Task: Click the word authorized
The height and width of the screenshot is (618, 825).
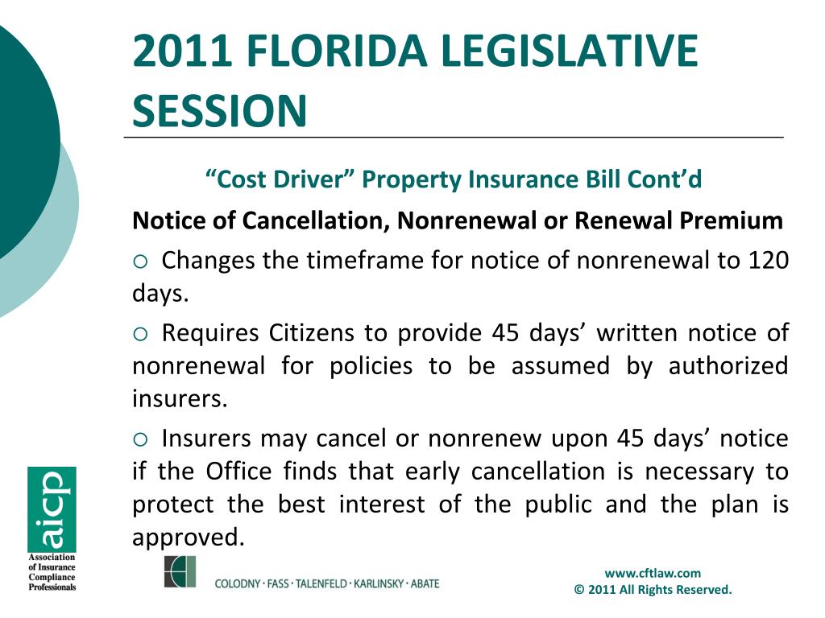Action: (x=728, y=366)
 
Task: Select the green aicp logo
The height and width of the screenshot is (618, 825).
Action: (x=52, y=509)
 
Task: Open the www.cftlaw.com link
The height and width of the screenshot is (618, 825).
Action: (x=653, y=573)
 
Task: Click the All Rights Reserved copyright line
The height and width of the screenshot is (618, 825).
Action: (x=653, y=590)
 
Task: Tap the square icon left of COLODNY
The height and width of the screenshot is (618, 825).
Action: (x=180, y=571)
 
